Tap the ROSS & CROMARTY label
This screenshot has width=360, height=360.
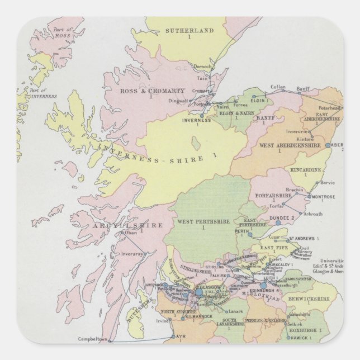click(x=144, y=91)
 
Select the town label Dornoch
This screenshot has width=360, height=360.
click(x=202, y=67)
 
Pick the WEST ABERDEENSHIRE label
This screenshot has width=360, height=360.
click(x=290, y=145)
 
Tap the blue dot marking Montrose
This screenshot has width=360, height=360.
click(x=308, y=197)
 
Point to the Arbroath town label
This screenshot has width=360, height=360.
click(x=312, y=214)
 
